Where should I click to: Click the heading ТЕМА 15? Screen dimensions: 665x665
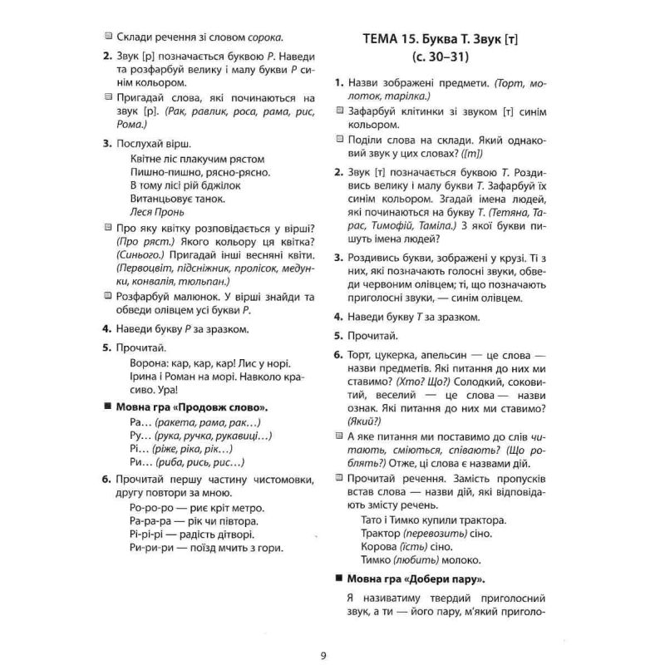point(395,39)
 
